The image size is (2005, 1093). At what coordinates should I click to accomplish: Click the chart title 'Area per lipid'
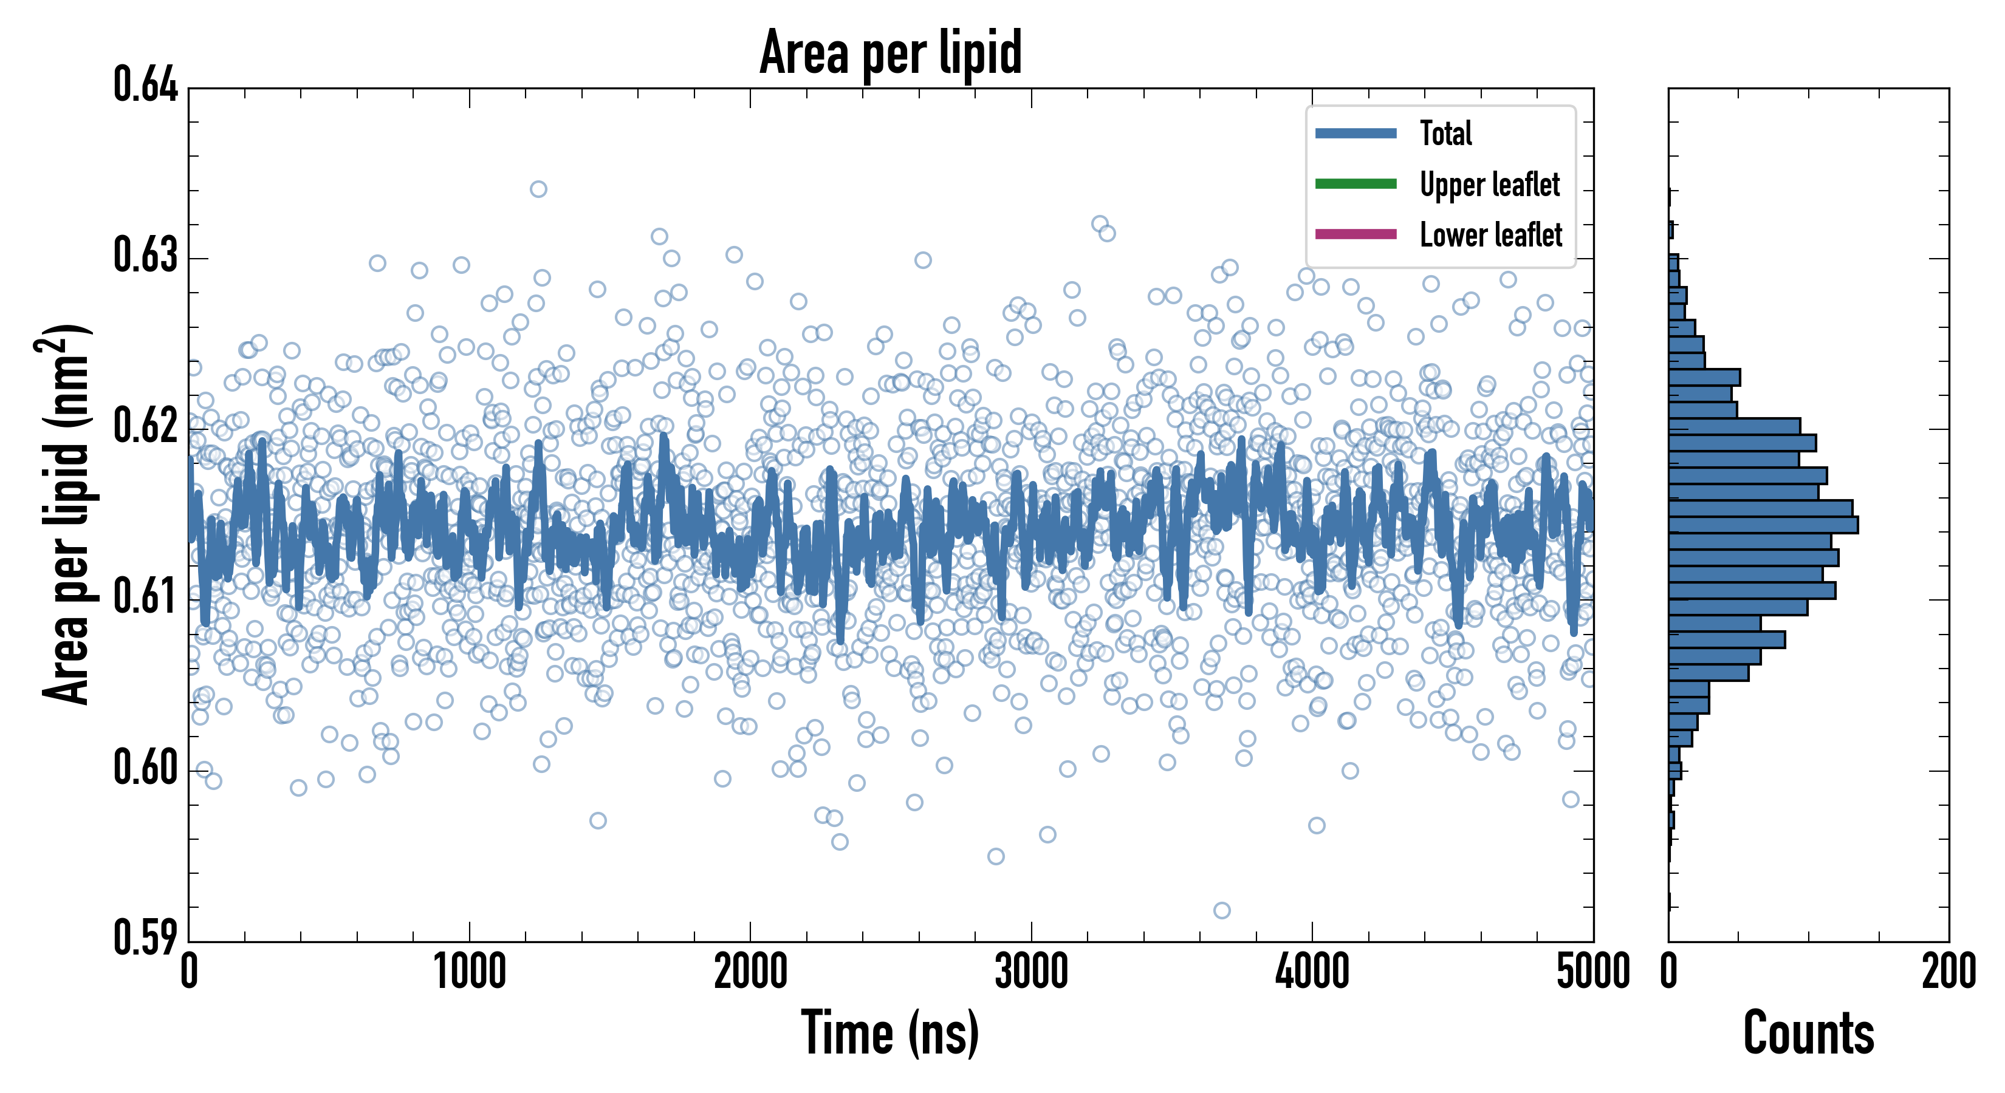tap(891, 53)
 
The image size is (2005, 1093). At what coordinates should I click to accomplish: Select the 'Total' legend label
tap(1445, 133)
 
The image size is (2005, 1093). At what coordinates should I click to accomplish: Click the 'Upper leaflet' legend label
tap(1489, 185)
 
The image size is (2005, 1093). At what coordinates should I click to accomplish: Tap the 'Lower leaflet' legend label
tap(1490, 234)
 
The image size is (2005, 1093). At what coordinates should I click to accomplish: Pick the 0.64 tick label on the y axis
tap(146, 85)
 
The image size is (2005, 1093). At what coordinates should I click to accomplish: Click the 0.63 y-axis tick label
tap(146, 255)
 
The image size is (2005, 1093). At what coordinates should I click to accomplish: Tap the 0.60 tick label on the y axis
tap(146, 768)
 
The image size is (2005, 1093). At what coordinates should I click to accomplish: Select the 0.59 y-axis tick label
tap(146, 938)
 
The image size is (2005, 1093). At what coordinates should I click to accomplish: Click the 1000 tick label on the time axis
tap(469, 972)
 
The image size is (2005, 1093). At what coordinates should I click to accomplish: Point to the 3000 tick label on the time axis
tap(1031, 972)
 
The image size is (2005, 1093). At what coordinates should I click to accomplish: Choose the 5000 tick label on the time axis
tap(1592, 972)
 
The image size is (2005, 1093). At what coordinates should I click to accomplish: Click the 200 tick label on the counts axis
tap(1948, 972)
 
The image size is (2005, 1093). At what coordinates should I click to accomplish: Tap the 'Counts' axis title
tap(1808, 1033)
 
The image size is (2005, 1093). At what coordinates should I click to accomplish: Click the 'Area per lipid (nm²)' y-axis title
tap(67, 514)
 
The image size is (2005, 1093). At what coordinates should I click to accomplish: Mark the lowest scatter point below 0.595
tap(1221, 910)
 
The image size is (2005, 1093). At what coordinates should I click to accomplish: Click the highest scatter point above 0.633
tap(538, 189)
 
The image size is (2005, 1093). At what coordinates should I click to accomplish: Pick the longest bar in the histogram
tap(1763, 524)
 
